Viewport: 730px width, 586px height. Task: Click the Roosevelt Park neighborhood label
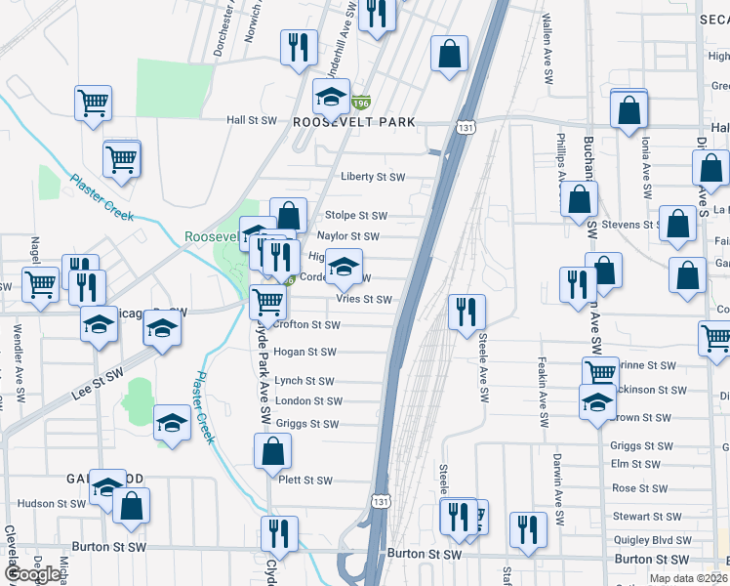tap(354, 122)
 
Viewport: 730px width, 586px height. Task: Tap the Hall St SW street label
tap(252, 120)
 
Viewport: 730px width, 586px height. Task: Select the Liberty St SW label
tap(372, 177)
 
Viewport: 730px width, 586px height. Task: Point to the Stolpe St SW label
tap(356, 216)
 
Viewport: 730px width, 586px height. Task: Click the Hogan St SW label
tap(304, 352)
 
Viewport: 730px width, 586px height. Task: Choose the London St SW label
tap(308, 401)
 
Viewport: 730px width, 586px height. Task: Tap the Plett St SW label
tap(304, 481)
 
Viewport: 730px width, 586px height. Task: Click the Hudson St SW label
tap(52, 504)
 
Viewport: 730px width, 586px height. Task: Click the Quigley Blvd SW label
tap(649, 539)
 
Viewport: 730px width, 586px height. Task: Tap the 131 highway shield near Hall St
tap(465, 128)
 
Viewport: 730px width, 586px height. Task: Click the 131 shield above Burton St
tap(381, 500)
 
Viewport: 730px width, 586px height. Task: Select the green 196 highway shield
tap(361, 102)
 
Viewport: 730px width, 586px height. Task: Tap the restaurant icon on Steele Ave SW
tap(466, 311)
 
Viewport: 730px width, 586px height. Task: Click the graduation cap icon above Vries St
tap(343, 265)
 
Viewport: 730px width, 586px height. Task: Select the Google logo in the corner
tap(32, 574)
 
